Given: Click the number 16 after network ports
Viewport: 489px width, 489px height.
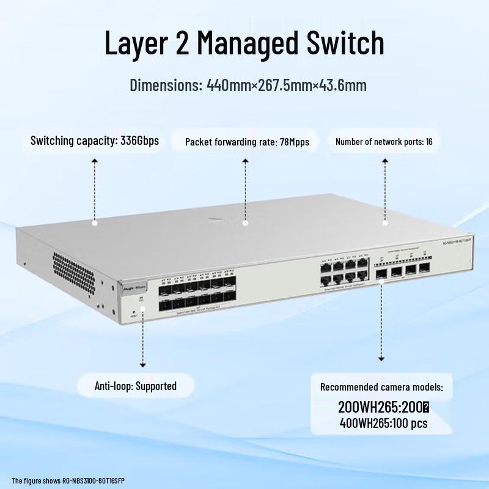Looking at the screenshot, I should pyautogui.click(x=429, y=142).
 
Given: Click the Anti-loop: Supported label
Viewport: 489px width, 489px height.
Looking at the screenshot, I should pyautogui.click(x=136, y=386).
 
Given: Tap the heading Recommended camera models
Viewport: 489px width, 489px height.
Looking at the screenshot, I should pyautogui.click(x=381, y=387).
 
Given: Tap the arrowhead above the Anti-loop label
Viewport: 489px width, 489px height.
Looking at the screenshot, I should pyautogui.click(x=143, y=365).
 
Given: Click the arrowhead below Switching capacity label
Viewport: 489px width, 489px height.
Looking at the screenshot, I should pyautogui.click(x=95, y=160).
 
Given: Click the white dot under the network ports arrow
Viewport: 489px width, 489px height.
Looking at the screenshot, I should pyautogui.click(x=385, y=223).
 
